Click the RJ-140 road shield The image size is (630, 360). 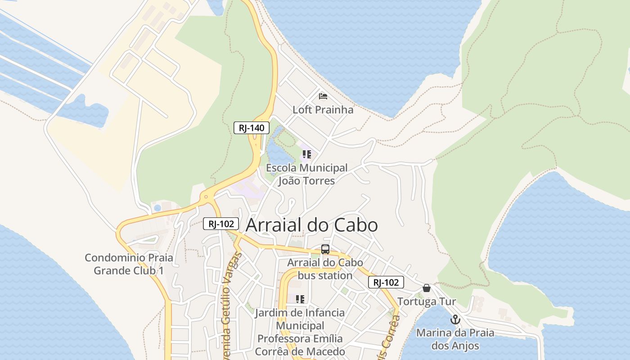(251, 128)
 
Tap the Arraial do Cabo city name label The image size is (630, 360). (311, 225)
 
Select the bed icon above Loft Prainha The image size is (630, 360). (323, 96)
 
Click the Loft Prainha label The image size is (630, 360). (323, 110)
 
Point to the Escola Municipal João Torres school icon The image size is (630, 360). (307, 155)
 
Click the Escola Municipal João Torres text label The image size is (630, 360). (307, 175)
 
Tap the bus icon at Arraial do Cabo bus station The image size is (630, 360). (325, 249)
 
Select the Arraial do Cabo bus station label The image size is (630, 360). (325, 269)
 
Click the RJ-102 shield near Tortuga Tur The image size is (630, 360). (386, 283)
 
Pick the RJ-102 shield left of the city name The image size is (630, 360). (220, 224)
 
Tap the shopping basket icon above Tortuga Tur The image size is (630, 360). (426, 288)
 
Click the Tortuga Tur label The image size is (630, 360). (426, 301)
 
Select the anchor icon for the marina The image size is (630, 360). (455, 319)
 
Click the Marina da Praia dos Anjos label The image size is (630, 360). (455, 339)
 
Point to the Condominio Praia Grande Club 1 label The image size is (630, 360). (129, 264)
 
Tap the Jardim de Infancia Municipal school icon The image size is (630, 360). (300, 299)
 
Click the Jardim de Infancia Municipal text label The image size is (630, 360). (300, 332)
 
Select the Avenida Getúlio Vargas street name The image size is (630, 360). (230, 306)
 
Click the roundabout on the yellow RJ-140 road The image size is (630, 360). (206, 197)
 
